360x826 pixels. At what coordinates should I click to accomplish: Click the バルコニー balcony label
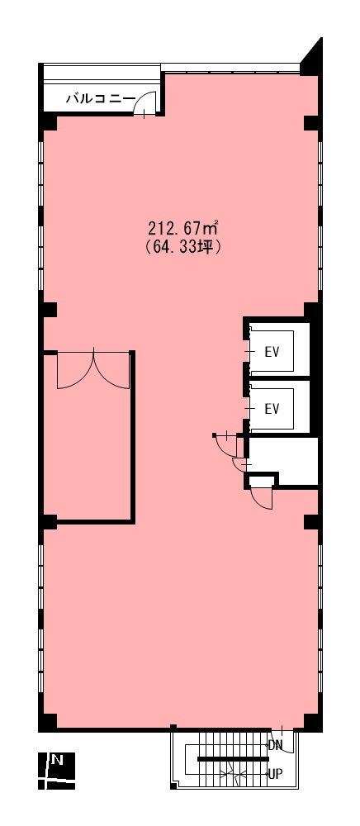pos(101,97)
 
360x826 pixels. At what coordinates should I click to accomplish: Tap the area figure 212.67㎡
pos(183,229)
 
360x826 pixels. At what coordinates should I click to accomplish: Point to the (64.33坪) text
pos(182,246)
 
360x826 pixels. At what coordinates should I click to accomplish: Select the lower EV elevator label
pos(271,408)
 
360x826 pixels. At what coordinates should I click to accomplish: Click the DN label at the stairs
pos(275,745)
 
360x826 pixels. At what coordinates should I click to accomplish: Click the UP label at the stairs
pos(275,774)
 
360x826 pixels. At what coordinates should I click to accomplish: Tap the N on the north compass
pos(59,760)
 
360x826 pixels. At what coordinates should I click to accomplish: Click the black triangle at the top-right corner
pos(311,55)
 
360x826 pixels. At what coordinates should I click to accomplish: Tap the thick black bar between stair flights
pos(233,758)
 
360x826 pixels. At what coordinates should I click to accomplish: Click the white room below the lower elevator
pos(284,461)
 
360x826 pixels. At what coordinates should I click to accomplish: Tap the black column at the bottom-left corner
pos(49,722)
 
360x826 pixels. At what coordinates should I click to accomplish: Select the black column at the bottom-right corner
pos(313,722)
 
